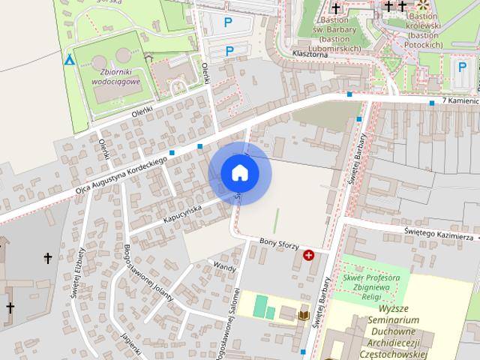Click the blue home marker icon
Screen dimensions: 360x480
pos(240,173)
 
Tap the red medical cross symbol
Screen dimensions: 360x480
pos(308,256)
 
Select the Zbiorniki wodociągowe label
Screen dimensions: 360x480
pos(115,75)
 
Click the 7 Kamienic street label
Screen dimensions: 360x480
pos(460,100)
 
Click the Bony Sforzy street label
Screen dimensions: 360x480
pos(279,244)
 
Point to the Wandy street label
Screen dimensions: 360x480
pos(224,265)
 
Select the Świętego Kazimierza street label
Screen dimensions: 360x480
pos(439,234)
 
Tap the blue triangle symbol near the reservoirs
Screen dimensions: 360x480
pos(70,59)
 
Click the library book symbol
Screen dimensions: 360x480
pos(304,316)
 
